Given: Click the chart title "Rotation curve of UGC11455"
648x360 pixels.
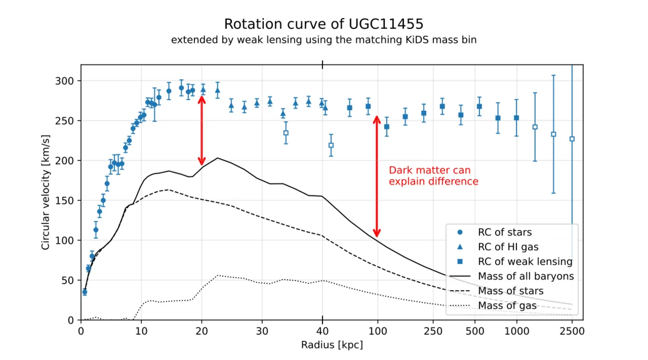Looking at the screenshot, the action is (x=323, y=24).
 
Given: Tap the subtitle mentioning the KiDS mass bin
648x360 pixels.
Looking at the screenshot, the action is (x=323, y=40).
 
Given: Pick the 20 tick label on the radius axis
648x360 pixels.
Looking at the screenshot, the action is (x=201, y=331).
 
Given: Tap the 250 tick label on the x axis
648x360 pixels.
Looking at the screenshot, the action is (x=433, y=331).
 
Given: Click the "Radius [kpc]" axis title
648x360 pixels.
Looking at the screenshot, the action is (x=332, y=345).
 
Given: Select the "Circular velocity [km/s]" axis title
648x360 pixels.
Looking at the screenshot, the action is (x=45, y=192).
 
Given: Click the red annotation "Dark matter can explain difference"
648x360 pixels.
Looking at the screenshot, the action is (x=433, y=176).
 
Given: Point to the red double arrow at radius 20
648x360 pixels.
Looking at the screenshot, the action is (x=201, y=130).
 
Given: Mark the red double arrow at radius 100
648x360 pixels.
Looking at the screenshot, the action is (x=377, y=176).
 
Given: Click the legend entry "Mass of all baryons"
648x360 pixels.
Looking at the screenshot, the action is (x=512, y=276).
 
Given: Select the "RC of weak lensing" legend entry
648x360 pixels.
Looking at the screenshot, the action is (x=514, y=261).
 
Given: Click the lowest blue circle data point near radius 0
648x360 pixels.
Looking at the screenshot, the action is (x=85, y=292).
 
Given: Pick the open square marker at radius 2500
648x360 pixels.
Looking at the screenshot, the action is (x=572, y=139).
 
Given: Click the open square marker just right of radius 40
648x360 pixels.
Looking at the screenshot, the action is (x=331, y=145).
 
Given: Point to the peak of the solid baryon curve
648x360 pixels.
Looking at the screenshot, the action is (x=217, y=158).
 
